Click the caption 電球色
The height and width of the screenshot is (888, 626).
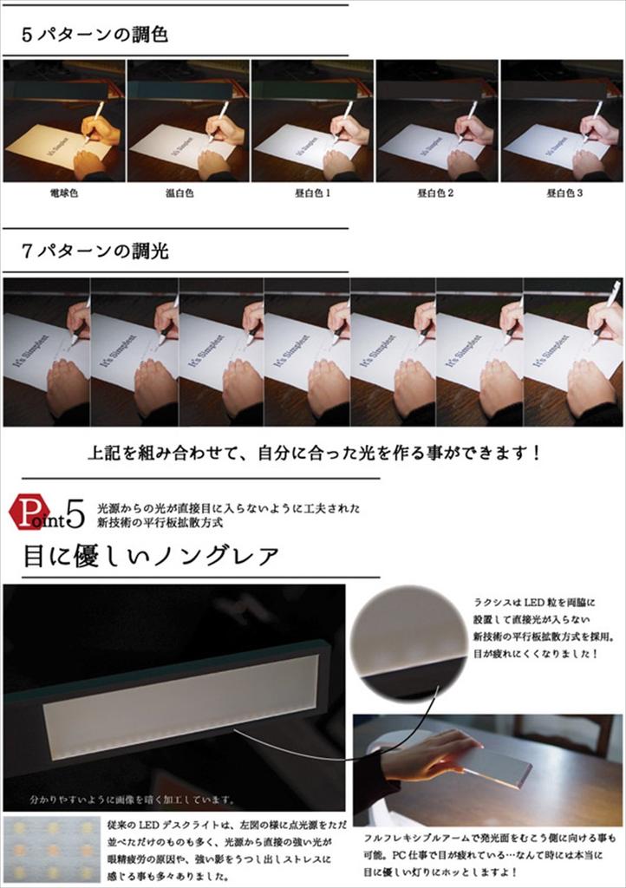[63, 193]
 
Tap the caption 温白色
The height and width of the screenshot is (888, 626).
[188, 193]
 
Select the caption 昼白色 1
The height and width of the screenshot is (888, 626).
[312, 193]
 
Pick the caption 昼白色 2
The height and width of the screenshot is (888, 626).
[436, 193]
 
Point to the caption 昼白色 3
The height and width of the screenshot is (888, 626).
[564, 193]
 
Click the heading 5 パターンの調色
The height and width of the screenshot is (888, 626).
[95, 36]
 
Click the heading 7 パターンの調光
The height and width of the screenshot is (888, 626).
[95, 252]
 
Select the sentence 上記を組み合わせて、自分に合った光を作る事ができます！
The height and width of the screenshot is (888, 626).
[313, 453]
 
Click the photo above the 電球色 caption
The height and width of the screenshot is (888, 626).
[63, 121]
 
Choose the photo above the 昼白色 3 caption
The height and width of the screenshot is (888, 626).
[561, 121]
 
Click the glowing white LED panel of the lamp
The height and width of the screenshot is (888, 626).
[182, 698]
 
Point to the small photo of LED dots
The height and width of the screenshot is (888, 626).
[51, 849]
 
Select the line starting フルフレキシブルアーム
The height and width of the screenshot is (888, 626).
[490, 839]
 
